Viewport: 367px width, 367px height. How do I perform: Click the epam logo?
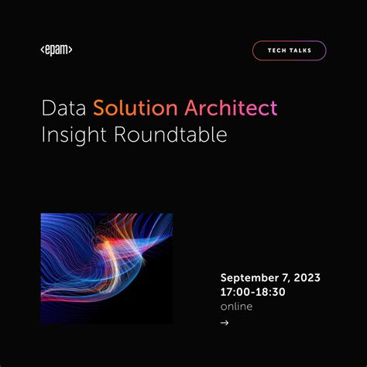[56, 50]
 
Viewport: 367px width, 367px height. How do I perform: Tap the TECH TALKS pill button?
[289, 50]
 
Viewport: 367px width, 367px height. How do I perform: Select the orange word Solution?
[135, 108]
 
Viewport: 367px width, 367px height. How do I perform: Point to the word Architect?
[230, 108]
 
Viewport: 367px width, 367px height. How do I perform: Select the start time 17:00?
[235, 293]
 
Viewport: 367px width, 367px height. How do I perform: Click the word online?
[236, 307]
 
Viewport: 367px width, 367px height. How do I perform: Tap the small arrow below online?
[225, 323]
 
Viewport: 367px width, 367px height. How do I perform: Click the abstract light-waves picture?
[106, 268]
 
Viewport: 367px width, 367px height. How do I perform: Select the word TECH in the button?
[278, 50]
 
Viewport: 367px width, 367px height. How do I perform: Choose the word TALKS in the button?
[300, 50]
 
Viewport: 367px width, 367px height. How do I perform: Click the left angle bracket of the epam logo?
[43, 50]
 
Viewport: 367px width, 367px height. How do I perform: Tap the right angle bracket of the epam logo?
[70, 50]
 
